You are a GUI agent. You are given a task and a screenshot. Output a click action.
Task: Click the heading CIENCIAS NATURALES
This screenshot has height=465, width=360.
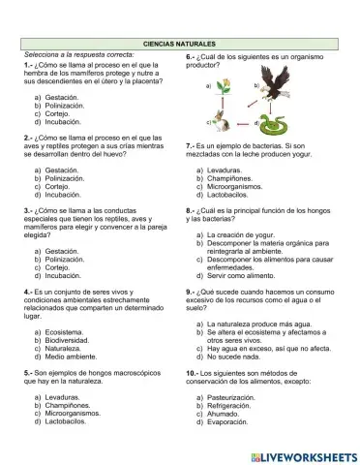[x=180, y=45]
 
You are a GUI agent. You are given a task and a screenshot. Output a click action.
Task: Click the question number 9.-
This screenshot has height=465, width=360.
[x=192, y=291]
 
